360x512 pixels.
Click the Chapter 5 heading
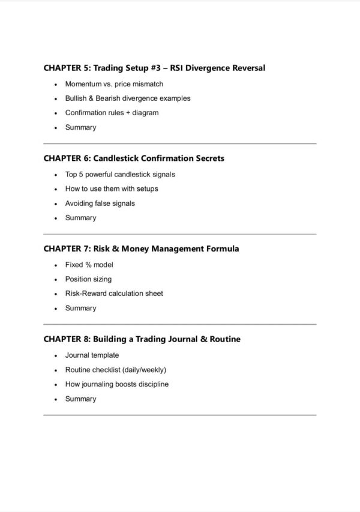[154, 68]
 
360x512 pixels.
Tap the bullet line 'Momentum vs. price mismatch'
[114, 84]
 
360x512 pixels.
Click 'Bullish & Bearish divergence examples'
[128, 98]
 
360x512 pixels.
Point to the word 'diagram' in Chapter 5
[146, 113]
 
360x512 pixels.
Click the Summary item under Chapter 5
[80, 127]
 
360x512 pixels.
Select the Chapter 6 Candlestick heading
[134, 158]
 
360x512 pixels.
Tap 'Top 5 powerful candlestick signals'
[120, 175]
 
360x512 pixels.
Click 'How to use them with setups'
[112, 189]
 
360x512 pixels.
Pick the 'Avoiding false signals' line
[100, 203]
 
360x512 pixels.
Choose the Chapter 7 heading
[141, 248]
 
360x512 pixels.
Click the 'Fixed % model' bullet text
[89, 265]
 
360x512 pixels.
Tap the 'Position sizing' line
[88, 279]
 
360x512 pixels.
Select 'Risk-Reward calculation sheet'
[114, 294]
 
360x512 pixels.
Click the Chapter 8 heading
[142, 339]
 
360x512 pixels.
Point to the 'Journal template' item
[92, 355]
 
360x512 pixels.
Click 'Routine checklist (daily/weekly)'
[116, 370]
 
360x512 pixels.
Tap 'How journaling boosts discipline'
[117, 384]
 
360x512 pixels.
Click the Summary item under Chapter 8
[80, 399]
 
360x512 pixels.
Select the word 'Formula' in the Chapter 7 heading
[221, 248]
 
